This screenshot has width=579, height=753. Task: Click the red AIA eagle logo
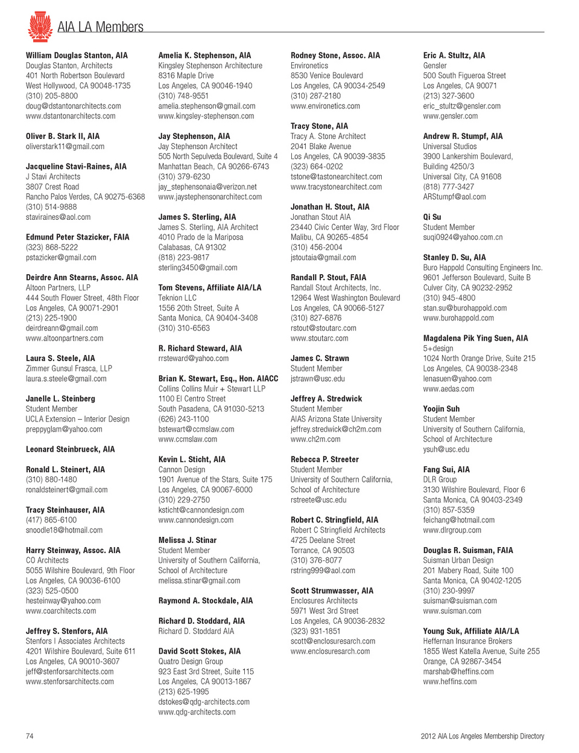(40, 27)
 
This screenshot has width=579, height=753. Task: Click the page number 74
(30, 736)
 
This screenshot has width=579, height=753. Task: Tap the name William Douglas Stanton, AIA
(77, 56)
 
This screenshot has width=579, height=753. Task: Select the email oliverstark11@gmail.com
(65, 147)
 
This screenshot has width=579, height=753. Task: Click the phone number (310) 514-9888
(51, 207)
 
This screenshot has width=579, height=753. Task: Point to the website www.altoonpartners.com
(65, 338)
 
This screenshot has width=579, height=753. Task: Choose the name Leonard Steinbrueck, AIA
(70, 449)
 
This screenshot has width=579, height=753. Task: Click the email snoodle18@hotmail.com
(64, 530)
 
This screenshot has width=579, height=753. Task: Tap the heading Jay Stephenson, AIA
(194, 136)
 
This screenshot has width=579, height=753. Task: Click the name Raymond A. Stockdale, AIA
(206, 601)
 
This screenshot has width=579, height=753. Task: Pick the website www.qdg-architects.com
(197, 712)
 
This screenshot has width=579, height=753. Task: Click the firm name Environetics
(309, 66)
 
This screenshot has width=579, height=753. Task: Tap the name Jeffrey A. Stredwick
(326, 399)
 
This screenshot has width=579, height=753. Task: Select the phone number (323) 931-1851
(315, 631)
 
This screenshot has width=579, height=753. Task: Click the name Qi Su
(432, 217)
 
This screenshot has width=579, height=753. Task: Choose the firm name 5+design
(438, 348)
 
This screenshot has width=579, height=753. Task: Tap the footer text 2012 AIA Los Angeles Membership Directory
(482, 736)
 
